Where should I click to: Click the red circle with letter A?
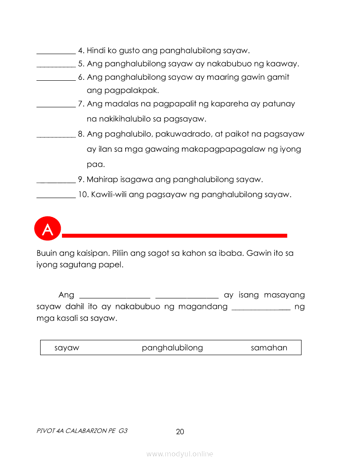coord(47,229)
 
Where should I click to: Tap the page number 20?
coord(180,432)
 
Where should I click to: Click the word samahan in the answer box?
coord(269,348)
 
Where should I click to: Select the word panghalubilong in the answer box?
coord(172,348)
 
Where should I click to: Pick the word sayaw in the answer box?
coord(67,348)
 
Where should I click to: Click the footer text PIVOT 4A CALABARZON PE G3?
coord(82,431)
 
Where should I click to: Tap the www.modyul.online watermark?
coord(180,454)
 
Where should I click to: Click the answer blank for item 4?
coord(56,51)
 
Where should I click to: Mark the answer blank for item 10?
coord(56,195)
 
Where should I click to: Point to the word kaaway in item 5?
coord(284,64)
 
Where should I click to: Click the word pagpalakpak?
coord(123,91)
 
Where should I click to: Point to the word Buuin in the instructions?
coord(46,253)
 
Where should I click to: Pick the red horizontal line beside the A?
coord(175,236)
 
